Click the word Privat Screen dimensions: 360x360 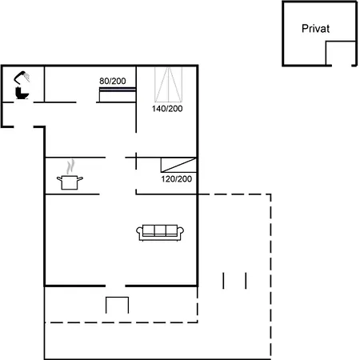316,28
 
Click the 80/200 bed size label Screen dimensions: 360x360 112,81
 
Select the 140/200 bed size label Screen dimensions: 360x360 167,108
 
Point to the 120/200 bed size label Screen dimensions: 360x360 176,178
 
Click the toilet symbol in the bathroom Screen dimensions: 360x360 22,94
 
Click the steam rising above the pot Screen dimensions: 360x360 71,166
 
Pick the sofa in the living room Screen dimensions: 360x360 161,232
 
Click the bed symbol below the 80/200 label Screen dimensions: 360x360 116,96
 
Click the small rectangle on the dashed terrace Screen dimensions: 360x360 118,306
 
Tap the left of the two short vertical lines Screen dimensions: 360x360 224,280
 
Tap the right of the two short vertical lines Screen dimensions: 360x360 246,280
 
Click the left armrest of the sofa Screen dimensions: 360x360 140,233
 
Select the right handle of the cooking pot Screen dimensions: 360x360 82,179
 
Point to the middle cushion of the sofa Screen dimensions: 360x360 161,230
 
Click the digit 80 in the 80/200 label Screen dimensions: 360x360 104,81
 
